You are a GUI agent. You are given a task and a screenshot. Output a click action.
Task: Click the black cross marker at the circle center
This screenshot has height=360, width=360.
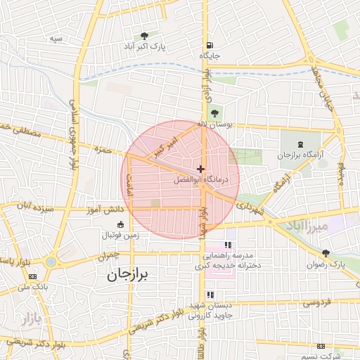point(201,169)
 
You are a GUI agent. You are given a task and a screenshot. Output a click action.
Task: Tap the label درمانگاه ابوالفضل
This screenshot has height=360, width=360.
point(202,179)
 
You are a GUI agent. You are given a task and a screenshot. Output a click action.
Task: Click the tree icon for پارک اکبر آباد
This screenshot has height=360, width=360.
point(144,36)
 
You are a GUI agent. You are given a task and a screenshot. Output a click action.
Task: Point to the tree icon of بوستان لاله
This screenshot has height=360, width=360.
point(214,113)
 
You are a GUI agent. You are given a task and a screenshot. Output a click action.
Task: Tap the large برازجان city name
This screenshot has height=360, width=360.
point(129,276)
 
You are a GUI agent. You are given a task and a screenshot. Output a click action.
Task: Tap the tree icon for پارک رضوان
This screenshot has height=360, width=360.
point(325,253)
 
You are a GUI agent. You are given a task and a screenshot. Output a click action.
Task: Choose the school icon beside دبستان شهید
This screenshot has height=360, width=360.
point(209,295)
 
